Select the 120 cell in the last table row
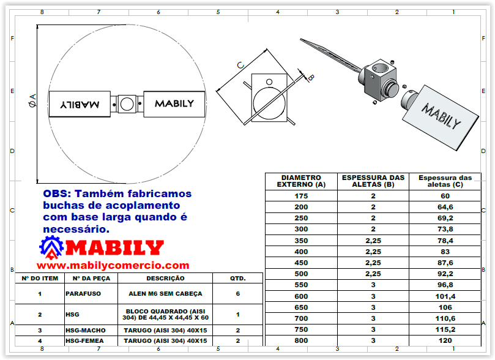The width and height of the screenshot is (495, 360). tap(444, 340)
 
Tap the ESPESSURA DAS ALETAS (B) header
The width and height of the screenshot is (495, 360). tap(373, 181)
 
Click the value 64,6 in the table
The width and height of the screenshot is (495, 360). tap(444, 207)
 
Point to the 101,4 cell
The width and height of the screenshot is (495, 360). tap(444, 296)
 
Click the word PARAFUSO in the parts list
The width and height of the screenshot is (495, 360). tap(83, 294)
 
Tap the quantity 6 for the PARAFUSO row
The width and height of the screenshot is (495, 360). tap(237, 294)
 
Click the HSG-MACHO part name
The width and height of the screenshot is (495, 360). tap(85, 330)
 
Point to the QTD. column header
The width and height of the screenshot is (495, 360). tap(237, 278)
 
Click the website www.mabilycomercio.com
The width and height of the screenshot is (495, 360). tap(113, 265)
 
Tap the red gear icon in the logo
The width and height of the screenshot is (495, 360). tap(51, 248)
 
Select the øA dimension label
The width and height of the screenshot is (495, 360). tap(32, 102)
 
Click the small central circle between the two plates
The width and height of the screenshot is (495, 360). tap(127, 104)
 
